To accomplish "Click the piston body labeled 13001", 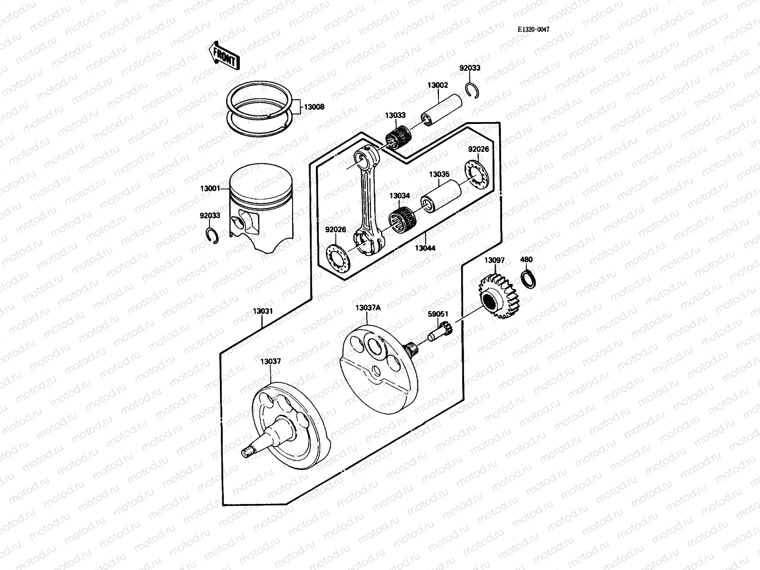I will click(261, 209).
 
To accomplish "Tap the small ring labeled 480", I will click(529, 279).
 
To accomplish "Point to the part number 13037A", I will click(368, 308).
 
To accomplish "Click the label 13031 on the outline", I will click(262, 311).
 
